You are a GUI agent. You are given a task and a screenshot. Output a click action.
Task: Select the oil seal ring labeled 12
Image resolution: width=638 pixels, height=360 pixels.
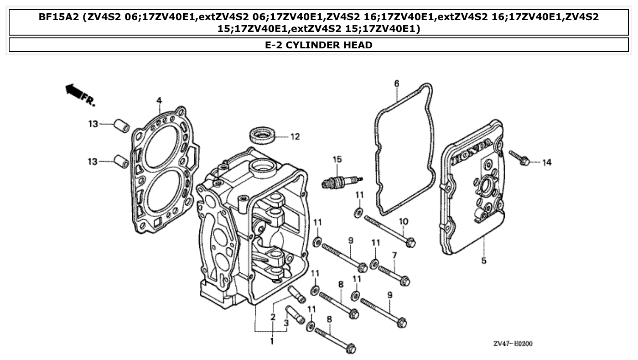coord(263,136)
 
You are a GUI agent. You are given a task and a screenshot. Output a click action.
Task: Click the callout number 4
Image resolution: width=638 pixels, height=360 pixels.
coord(159,100)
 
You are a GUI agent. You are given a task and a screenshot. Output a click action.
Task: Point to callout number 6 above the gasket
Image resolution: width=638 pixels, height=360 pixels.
coord(396,83)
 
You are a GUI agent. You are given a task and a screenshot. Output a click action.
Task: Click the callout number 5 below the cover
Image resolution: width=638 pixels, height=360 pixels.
coord(484,261)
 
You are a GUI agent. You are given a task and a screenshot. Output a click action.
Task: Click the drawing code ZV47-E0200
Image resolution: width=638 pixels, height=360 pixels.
coord(512,344)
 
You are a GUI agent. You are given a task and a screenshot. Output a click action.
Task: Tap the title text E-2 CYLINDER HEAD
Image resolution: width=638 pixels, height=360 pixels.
coord(318,45)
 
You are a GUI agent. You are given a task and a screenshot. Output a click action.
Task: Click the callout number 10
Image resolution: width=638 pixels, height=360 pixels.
coord(403,221)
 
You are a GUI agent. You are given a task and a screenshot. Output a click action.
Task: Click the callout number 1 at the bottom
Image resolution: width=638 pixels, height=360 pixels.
coord(272,341)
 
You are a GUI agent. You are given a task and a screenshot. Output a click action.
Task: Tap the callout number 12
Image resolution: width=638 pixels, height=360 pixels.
coord(295,136)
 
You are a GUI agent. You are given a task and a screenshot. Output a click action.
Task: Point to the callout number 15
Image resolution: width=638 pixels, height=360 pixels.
coord(337,159)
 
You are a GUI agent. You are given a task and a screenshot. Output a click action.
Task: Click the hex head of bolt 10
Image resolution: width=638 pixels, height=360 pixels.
coord(410,242)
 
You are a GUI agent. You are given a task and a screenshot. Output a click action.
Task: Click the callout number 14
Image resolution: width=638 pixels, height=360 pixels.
coord(546,162)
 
